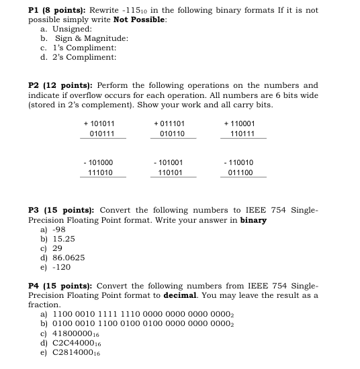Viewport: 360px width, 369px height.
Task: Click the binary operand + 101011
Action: [x=99, y=123]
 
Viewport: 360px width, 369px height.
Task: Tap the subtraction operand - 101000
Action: [x=99, y=162]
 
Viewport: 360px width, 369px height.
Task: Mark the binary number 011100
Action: [x=241, y=173]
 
